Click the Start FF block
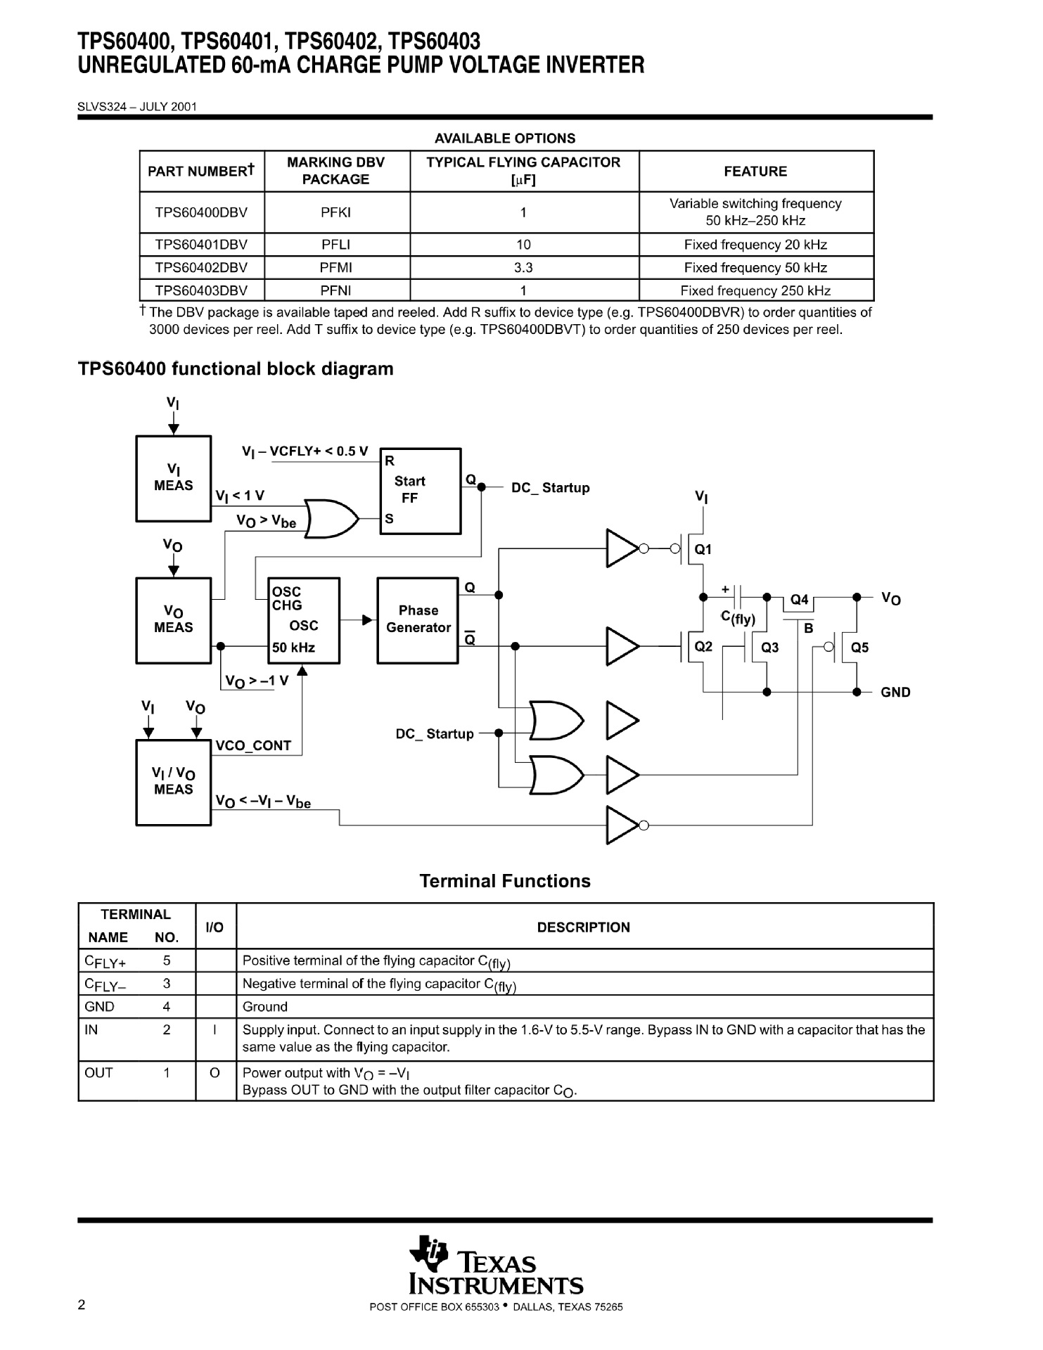pyautogui.click(x=420, y=490)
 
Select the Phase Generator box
pyautogui.click(x=418, y=620)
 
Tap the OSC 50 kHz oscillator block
pyautogui.click(x=304, y=620)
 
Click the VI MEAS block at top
pyautogui.click(x=173, y=478)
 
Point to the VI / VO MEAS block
pyautogui.click(x=173, y=781)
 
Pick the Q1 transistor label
pyautogui.click(x=703, y=550)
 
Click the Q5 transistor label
pyautogui.click(x=859, y=648)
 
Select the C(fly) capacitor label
pyautogui.click(x=738, y=619)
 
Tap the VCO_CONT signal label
pyautogui.click(x=253, y=746)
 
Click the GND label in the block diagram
pyautogui.click(x=895, y=693)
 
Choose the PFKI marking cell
pyautogui.click(x=336, y=212)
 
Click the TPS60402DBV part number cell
pyautogui.click(x=201, y=268)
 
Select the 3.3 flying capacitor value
pyautogui.click(x=523, y=268)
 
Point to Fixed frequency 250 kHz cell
pyautogui.click(x=755, y=291)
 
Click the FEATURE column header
pyautogui.click(x=755, y=172)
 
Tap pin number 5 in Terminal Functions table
pyautogui.click(x=167, y=960)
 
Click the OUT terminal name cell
pyautogui.click(x=98, y=1073)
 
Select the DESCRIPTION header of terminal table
pyautogui.click(x=583, y=927)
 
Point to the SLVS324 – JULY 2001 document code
pyautogui.click(x=137, y=107)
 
